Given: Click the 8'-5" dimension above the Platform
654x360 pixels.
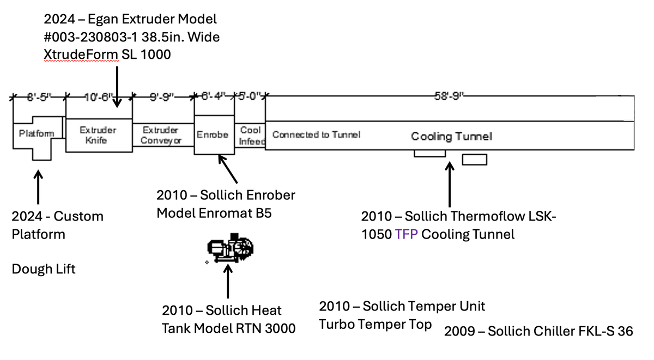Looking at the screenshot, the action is [x=39, y=97].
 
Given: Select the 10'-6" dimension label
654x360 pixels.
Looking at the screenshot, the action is [x=99, y=97].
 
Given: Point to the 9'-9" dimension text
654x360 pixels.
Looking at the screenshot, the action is [x=162, y=97].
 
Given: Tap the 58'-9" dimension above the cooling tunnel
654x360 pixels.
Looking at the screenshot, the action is [x=449, y=96].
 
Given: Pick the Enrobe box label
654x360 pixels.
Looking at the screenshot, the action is [x=213, y=135].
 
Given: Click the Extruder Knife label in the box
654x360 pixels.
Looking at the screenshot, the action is [x=98, y=135].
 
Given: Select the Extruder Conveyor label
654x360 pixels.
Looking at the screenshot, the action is [x=161, y=135].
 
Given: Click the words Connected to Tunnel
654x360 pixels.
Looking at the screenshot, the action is [x=316, y=135].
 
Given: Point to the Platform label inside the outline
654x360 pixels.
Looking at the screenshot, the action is [x=37, y=133].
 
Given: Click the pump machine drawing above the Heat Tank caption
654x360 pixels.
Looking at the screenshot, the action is [x=231, y=248].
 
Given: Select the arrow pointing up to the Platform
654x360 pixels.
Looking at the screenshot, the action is [x=38, y=187].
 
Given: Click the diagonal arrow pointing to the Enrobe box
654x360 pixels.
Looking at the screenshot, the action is [x=228, y=169].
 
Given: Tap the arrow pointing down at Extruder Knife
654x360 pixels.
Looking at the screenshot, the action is [x=117, y=87].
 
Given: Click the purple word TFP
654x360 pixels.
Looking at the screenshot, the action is [x=406, y=234].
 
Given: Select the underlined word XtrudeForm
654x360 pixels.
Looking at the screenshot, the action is [x=81, y=54].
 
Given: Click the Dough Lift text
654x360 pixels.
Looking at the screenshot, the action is [x=44, y=269].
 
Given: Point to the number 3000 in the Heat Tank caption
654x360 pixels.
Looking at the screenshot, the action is [x=280, y=328].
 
